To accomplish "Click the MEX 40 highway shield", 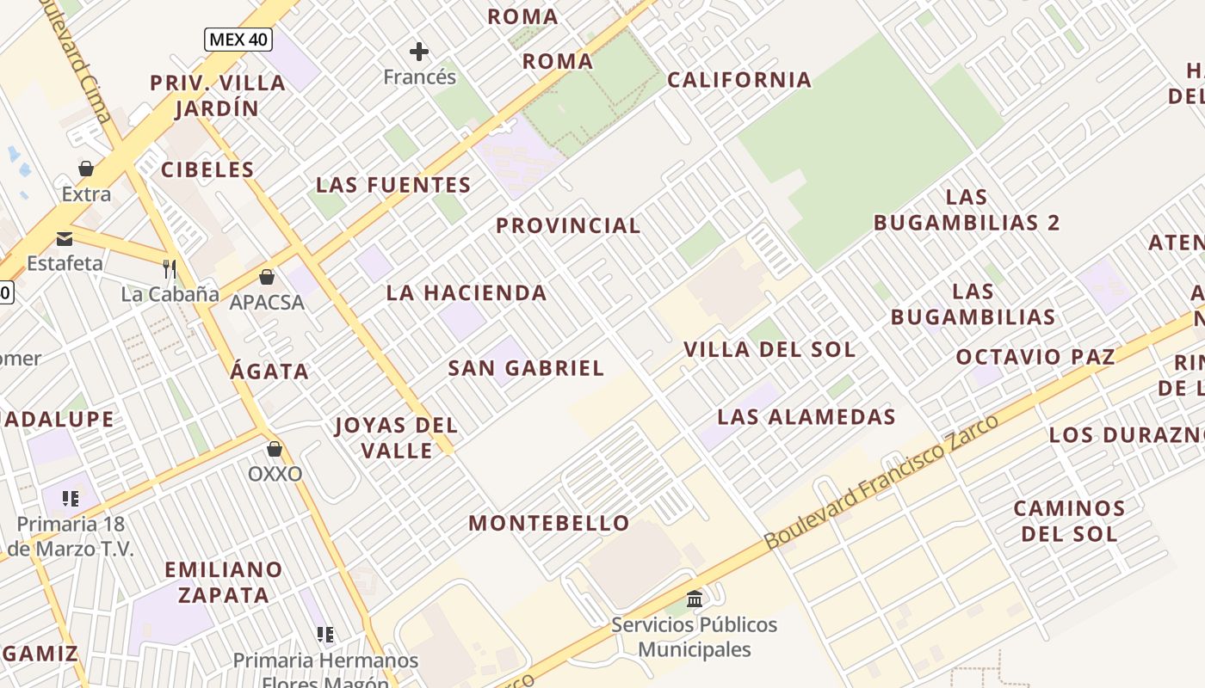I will [x=238, y=39].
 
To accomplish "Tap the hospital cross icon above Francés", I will [x=419, y=52].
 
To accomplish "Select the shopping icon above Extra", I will [x=86, y=168].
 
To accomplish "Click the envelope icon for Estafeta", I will [x=65, y=238].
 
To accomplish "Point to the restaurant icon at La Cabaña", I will [x=170, y=269].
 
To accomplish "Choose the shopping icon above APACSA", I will [x=267, y=277].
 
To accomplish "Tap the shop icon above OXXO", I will [x=275, y=449].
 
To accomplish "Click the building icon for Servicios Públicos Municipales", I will [x=695, y=599].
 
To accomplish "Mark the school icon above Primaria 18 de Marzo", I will [x=71, y=498].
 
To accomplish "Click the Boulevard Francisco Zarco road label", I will [x=881, y=482].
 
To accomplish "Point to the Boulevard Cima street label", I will [x=86, y=64].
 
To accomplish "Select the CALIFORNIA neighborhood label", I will [x=739, y=80].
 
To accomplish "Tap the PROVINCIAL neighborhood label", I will [x=568, y=225].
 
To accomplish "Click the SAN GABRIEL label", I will [x=526, y=368].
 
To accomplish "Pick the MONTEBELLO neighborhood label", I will [x=549, y=523].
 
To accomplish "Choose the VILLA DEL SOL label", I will [x=769, y=349].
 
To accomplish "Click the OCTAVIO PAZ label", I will [x=1035, y=356].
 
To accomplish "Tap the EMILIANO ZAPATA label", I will [x=224, y=581].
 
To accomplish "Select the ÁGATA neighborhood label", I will [x=269, y=371].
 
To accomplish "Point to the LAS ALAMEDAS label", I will [x=806, y=417].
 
